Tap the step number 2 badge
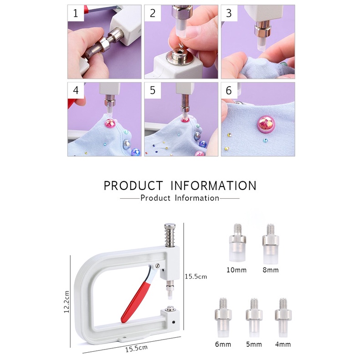tap(153, 14)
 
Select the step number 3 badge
tap(229, 14)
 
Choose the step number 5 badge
tap(153, 91)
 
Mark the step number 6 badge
tap(229, 91)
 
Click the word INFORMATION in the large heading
tap(213, 186)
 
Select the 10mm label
tap(236, 270)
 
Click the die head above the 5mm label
tap(253, 316)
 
